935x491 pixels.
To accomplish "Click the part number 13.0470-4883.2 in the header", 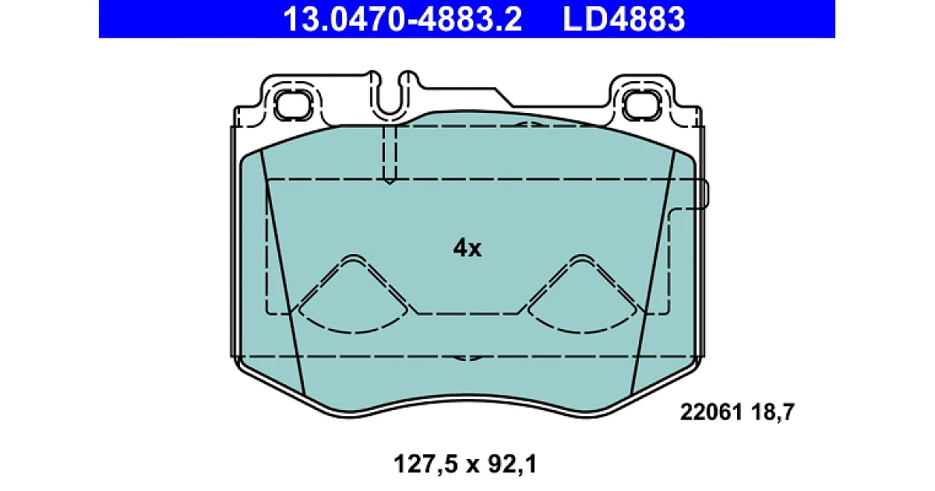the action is tap(402, 19).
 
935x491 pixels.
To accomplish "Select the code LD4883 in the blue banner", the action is tap(623, 19).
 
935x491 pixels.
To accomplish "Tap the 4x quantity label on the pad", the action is tap(467, 248).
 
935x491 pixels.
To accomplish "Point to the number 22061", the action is tap(711, 412).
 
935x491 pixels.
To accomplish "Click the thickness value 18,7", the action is tap(773, 412).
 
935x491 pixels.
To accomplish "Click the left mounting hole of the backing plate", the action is tap(293, 104).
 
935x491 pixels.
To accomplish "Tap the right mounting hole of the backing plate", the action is tap(642, 104).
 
